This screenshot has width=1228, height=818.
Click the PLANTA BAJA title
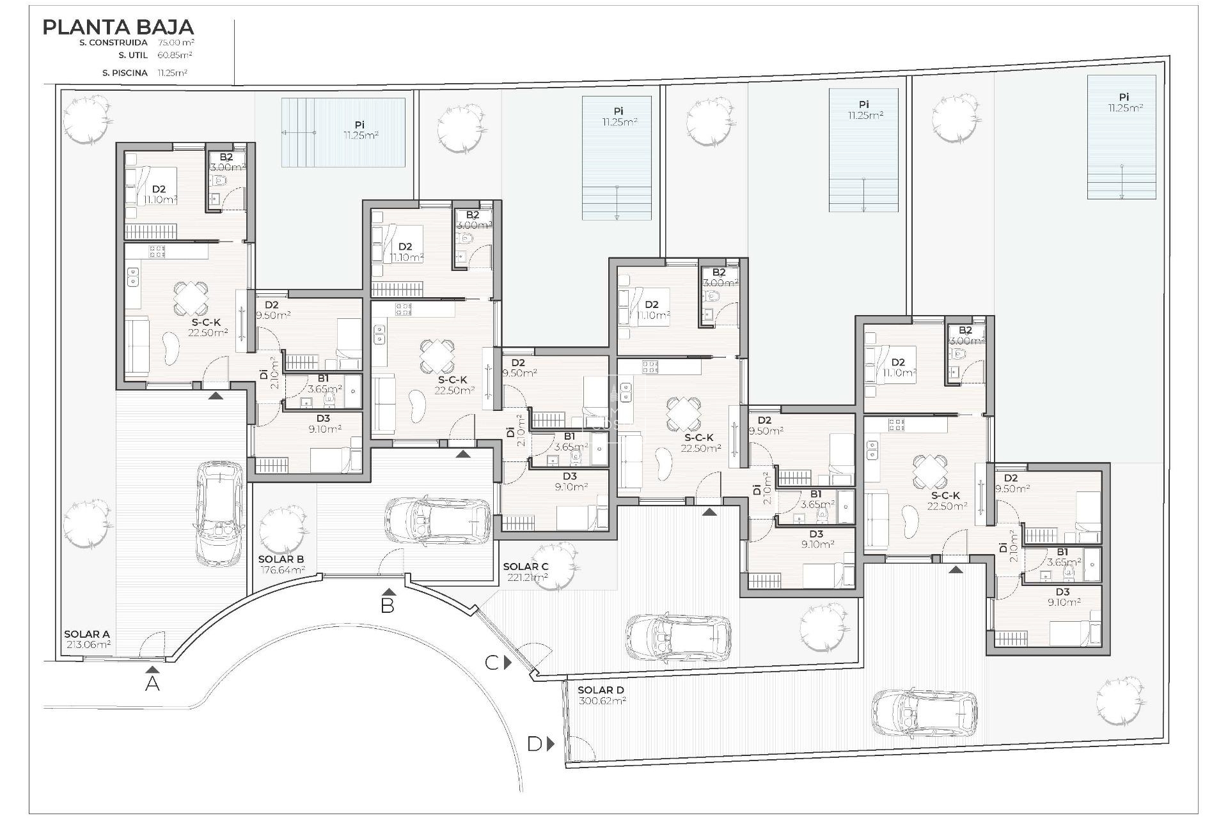[x=118, y=27]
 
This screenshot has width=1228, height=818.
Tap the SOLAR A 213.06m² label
[x=88, y=639]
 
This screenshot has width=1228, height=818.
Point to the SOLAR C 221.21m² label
[x=525, y=571]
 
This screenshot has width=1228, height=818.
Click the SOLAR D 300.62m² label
[x=601, y=695]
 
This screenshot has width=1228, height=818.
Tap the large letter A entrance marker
[x=152, y=684]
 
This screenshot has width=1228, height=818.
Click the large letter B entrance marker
[x=388, y=605]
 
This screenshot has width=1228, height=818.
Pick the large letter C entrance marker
[x=491, y=663]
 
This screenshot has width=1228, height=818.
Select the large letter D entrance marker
[x=535, y=744]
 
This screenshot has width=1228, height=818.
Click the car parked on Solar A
[x=219, y=514]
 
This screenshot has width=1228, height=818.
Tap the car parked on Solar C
[x=679, y=637]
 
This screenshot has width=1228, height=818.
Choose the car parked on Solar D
[x=925, y=712]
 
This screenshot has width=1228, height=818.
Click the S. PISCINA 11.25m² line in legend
[x=145, y=73]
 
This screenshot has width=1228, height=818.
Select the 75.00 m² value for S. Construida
[x=176, y=42]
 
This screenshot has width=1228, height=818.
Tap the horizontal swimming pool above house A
[x=343, y=133]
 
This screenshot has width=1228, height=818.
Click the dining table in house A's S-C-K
[x=191, y=296]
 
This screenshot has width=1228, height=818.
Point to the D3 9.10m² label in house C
[x=816, y=539]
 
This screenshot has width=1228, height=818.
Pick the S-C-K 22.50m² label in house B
[x=453, y=385]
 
